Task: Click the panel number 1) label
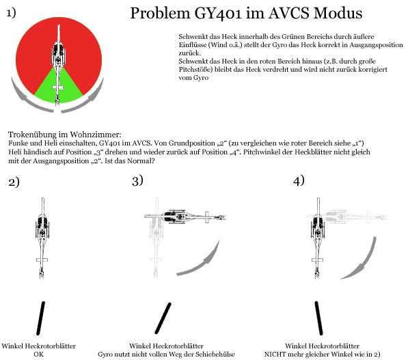tap(12, 14)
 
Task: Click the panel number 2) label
tap(13, 182)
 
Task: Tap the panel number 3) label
tap(137, 180)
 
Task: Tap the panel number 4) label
tap(298, 180)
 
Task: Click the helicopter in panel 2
tap(42, 236)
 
